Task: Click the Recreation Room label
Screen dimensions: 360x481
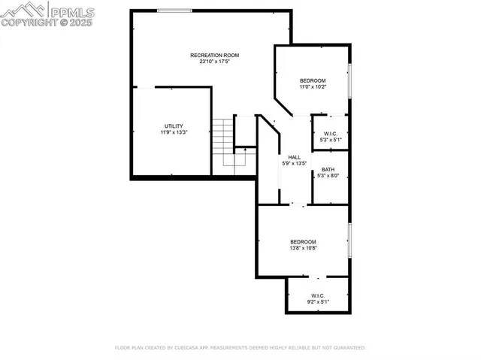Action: coord(215,55)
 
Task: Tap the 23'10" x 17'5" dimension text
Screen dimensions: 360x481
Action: coord(215,62)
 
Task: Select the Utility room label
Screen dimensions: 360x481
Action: coord(174,126)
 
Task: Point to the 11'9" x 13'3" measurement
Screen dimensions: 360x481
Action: coord(174,132)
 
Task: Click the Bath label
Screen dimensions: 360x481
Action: coord(328,169)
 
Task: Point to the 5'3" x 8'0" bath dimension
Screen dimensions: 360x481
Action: coord(328,176)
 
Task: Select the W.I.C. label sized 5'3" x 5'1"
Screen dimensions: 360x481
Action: coord(330,133)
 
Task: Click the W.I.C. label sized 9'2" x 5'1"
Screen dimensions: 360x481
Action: coord(316,295)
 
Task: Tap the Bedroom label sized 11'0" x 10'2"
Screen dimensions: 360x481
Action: coord(313,80)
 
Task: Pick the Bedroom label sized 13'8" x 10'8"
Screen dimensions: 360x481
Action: coord(304,241)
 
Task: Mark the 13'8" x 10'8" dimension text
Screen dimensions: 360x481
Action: coord(304,248)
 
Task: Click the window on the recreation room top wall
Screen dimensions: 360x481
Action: coord(173,11)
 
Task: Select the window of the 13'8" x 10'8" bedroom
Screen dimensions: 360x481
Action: coord(349,241)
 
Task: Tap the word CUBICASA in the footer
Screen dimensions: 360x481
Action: coord(192,348)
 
